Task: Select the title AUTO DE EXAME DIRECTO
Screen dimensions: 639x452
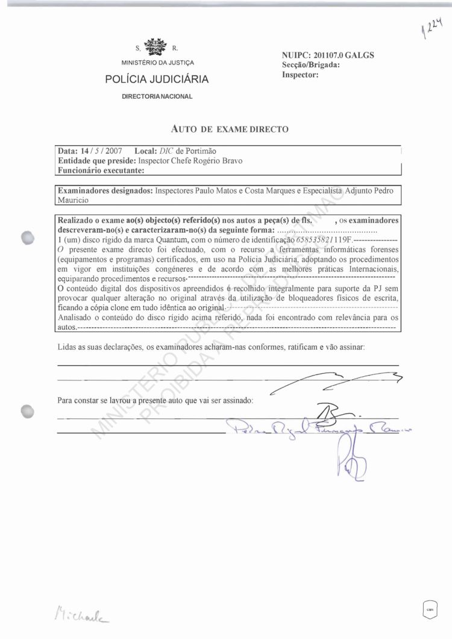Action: [230, 128]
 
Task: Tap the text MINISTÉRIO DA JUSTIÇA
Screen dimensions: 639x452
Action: [157, 63]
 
